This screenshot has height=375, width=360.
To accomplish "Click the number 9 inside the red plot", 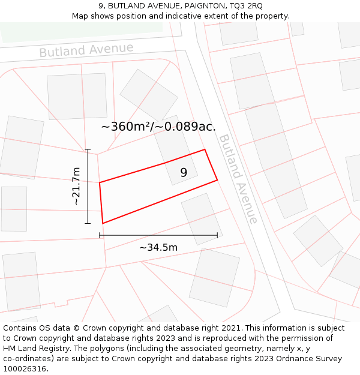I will pyautogui.click(x=184, y=172).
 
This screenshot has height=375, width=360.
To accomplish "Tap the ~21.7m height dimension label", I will pyautogui.click(x=76, y=187).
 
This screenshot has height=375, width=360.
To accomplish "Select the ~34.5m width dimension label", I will pyautogui.click(x=158, y=248).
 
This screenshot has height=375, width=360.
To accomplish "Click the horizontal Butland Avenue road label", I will pyautogui.click(x=86, y=50).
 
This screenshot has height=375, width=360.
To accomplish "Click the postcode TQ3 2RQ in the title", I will pyautogui.click(x=242, y=5).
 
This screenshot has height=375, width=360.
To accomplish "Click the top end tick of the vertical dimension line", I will pyautogui.click(x=88, y=149).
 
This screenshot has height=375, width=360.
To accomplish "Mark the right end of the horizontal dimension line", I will pyautogui.click(x=217, y=235).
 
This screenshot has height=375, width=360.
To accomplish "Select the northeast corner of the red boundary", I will pyautogui.click(x=205, y=149).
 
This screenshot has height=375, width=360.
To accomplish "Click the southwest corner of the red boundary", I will pyautogui.click(x=103, y=223).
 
